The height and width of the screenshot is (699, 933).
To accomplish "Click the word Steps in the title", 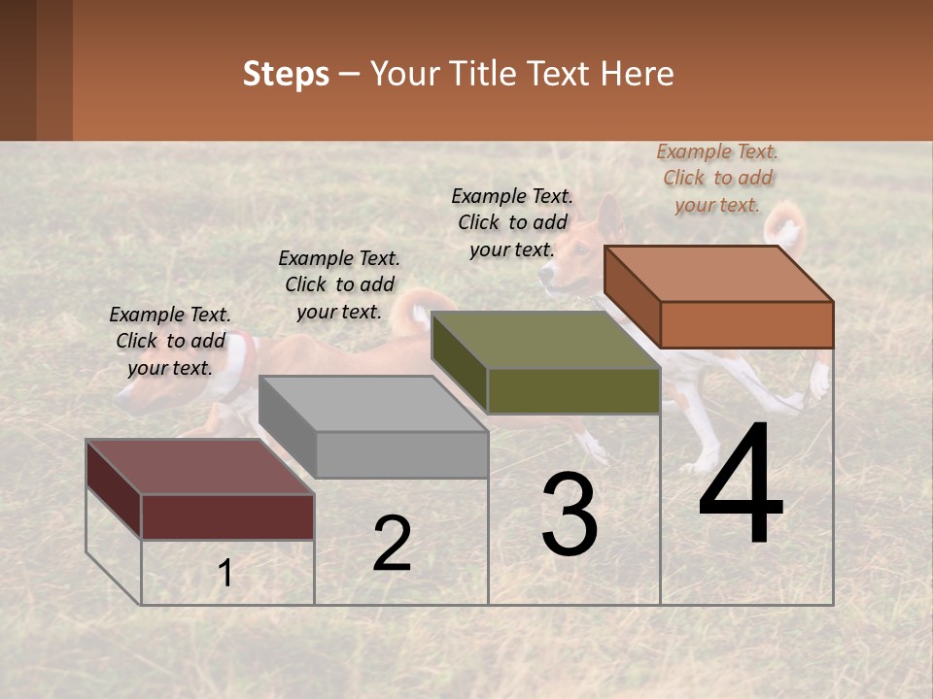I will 286,74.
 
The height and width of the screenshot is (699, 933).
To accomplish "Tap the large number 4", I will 741,485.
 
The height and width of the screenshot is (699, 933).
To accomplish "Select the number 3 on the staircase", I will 570,515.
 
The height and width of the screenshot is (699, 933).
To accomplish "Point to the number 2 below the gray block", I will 392,544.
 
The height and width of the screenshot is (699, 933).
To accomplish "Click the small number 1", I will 225,574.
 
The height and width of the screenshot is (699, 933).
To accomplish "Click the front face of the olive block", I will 573,391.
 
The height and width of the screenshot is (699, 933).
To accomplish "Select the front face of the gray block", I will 401,454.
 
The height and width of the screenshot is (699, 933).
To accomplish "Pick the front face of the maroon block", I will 227,516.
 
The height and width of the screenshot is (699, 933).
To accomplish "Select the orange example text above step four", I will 717,178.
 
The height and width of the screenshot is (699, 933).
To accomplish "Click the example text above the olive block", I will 512,222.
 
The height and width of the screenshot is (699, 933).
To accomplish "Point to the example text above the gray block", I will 339,284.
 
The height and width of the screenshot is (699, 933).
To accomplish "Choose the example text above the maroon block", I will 170,341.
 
